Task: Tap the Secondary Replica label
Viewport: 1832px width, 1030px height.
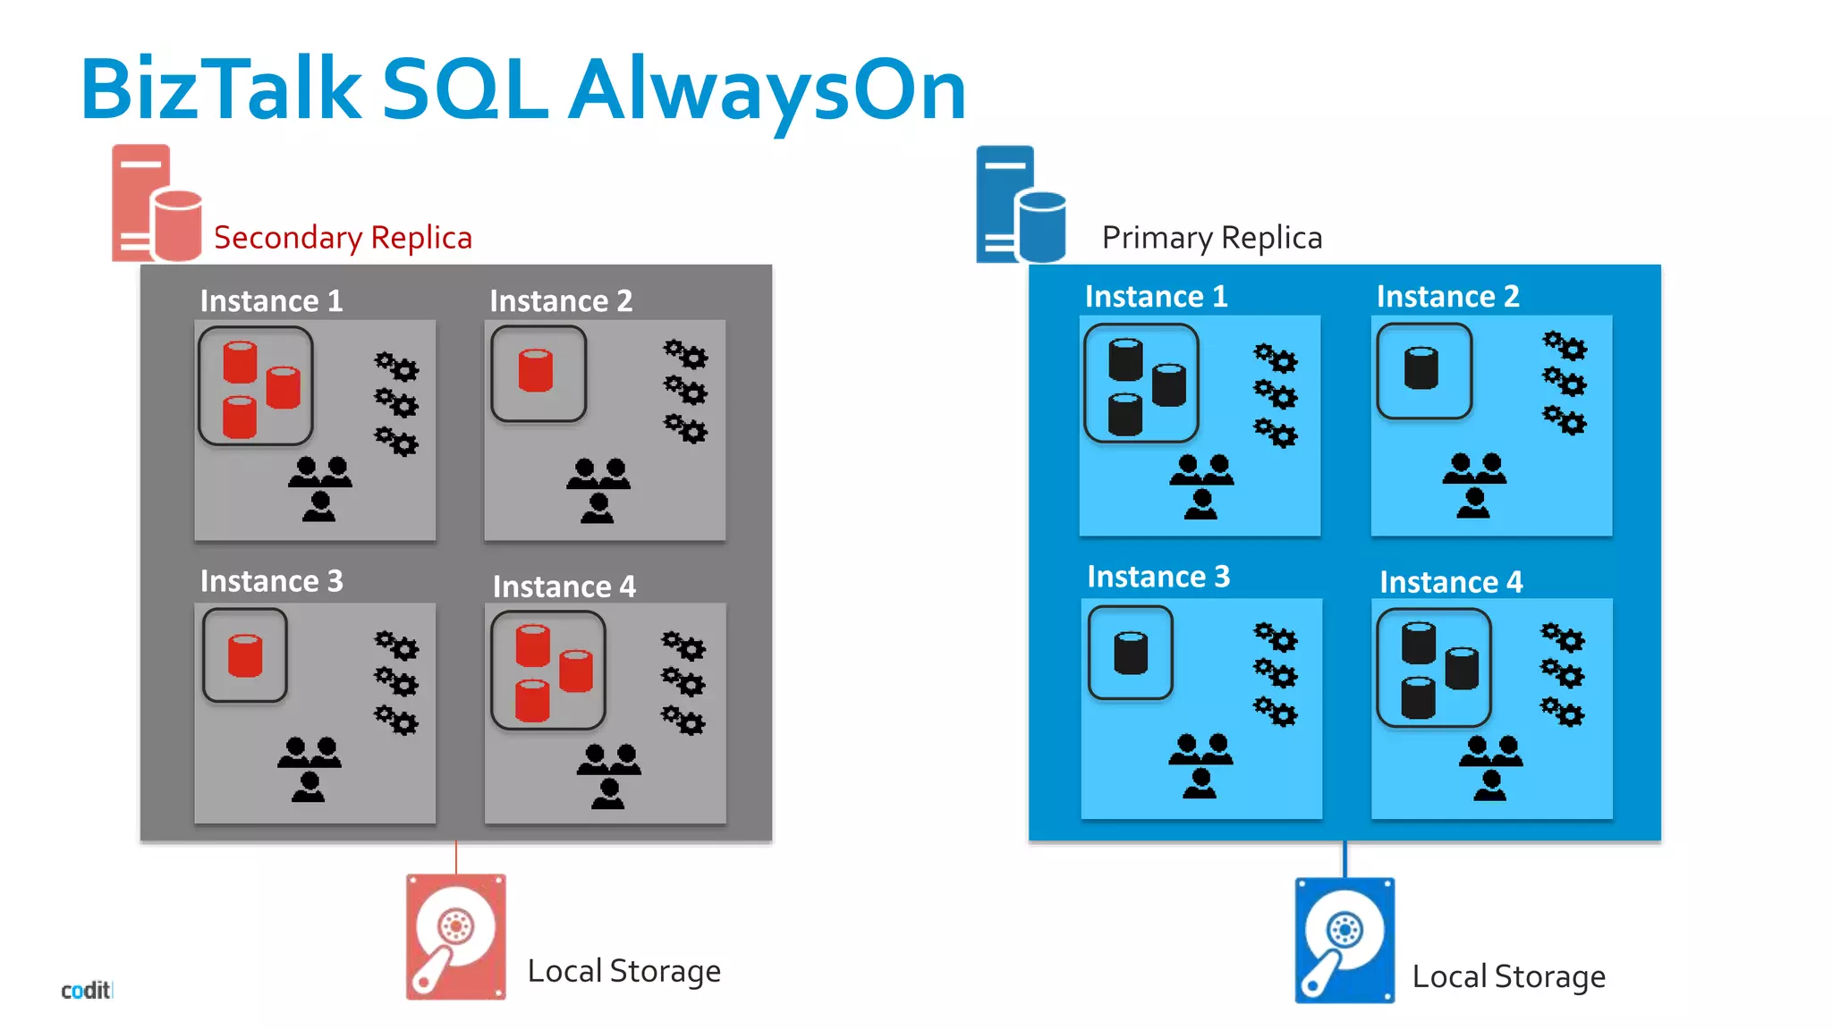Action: (x=343, y=238)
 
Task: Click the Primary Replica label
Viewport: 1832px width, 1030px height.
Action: (x=1211, y=238)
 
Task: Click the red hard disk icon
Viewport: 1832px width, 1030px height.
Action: (x=456, y=936)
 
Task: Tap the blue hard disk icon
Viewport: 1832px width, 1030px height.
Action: (x=1344, y=940)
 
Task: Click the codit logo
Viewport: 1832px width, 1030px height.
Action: (x=86, y=990)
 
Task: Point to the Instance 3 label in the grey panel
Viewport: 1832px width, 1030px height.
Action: (x=271, y=581)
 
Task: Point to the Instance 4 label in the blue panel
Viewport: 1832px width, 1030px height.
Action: (x=1450, y=582)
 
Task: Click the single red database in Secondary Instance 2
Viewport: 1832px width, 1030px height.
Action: (x=536, y=371)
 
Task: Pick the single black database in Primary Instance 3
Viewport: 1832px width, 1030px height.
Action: (x=1131, y=653)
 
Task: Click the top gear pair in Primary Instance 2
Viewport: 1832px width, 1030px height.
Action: (x=1565, y=346)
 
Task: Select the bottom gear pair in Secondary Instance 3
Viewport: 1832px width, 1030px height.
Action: (x=396, y=720)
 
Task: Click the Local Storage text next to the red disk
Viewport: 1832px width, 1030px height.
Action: (x=623, y=971)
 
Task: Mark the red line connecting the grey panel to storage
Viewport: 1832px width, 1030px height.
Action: (x=456, y=857)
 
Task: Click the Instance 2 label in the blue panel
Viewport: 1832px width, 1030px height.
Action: (x=1447, y=296)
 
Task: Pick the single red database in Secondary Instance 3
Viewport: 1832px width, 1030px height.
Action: (x=245, y=655)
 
